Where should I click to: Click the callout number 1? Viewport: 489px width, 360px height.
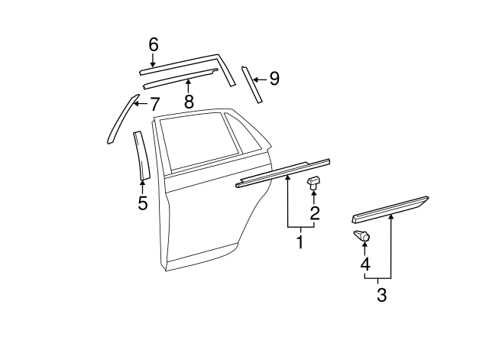pyautogui.click(x=300, y=242)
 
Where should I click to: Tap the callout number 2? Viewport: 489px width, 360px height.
pyautogui.click(x=314, y=212)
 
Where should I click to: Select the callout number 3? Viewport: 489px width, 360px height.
pyautogui.click(x=381, y=294)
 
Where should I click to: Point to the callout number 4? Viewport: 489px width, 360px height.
pyautogui.click(x=365, y=264)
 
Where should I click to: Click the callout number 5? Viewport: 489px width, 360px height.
pyautogui.click(x=142, y=203)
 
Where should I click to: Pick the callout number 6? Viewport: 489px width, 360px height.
pyautogui.click(x=153, y=45)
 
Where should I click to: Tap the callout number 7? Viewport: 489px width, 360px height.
pyautogui.click(x=154, y=103)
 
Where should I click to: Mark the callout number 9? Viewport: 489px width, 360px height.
pyautogui.click(x=274, y=78)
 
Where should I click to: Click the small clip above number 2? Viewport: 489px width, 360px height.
pyautogui.click(x=313, y=183)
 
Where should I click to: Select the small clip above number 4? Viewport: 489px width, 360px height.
pyautogui.click(x=362, y=237)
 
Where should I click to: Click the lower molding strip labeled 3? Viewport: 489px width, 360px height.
pyautogui.click(x=390, y=208)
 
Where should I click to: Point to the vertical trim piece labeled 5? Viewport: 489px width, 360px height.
pyautogui.click(x=141, y=156)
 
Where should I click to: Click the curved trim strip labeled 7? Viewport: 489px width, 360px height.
pyautogui.click(x=121, y=118)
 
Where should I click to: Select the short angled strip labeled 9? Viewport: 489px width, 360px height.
pyautogui.click(x=252, y=84)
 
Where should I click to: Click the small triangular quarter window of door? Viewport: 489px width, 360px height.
pyautogui.click(x=248, y=133)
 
